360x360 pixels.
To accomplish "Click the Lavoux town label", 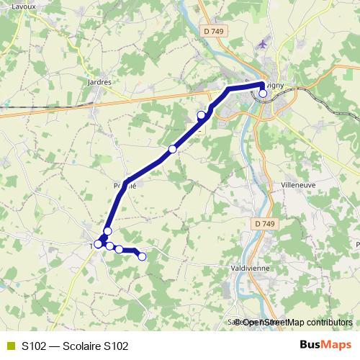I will [x=13, y=6].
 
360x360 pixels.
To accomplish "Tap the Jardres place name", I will [x=98, y=82].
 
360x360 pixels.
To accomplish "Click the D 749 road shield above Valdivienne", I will [x=264, y=225].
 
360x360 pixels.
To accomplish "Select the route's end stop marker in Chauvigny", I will [x=264, y=93].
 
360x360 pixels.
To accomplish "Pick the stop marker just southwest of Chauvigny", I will [x=202, y=115].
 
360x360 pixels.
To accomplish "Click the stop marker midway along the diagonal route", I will [x=173, y=149].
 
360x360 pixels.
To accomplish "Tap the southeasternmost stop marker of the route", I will [x=142, y=256].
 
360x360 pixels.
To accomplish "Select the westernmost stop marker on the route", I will [x=98, y=244].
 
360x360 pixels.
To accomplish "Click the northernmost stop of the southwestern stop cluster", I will [x=107, y=231].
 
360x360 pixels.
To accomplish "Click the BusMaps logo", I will [x=326, y=345].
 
